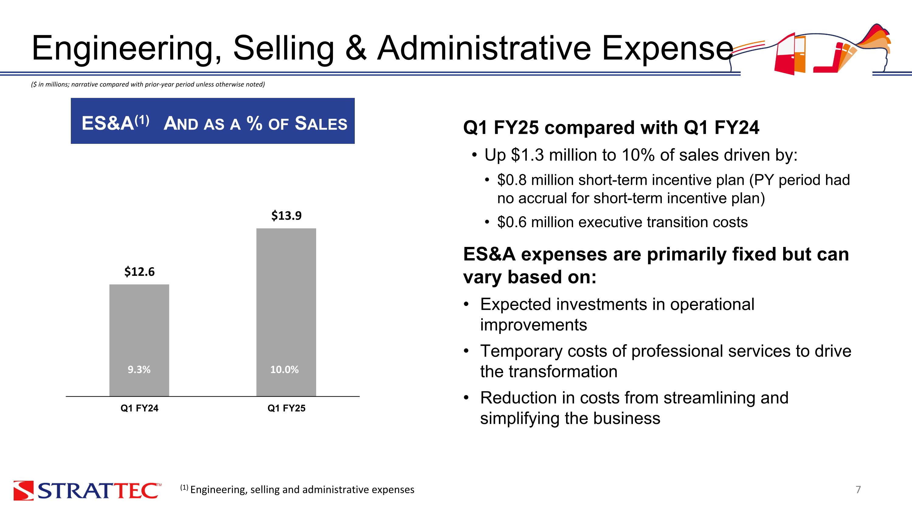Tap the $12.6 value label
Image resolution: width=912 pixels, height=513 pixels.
click(139, 272)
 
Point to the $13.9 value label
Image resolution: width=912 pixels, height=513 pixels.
click(286, 215)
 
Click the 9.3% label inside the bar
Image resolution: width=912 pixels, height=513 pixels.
click(139, 369)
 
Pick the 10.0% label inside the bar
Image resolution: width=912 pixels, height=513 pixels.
click(284, 369)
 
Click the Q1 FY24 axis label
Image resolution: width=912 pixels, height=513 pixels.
click(139, 408)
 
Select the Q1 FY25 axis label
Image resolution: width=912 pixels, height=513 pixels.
click(286, 408)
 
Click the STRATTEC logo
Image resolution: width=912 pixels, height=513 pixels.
click(87, 490)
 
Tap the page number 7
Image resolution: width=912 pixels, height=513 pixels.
click(858, 490)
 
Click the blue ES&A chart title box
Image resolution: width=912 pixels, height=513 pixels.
click(212, 121)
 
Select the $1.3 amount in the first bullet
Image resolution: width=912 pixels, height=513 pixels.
click(527, 155)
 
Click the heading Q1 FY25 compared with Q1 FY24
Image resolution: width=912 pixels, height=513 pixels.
click(611, 127)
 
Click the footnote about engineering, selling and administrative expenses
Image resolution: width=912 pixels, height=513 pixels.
click(297, 490)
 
